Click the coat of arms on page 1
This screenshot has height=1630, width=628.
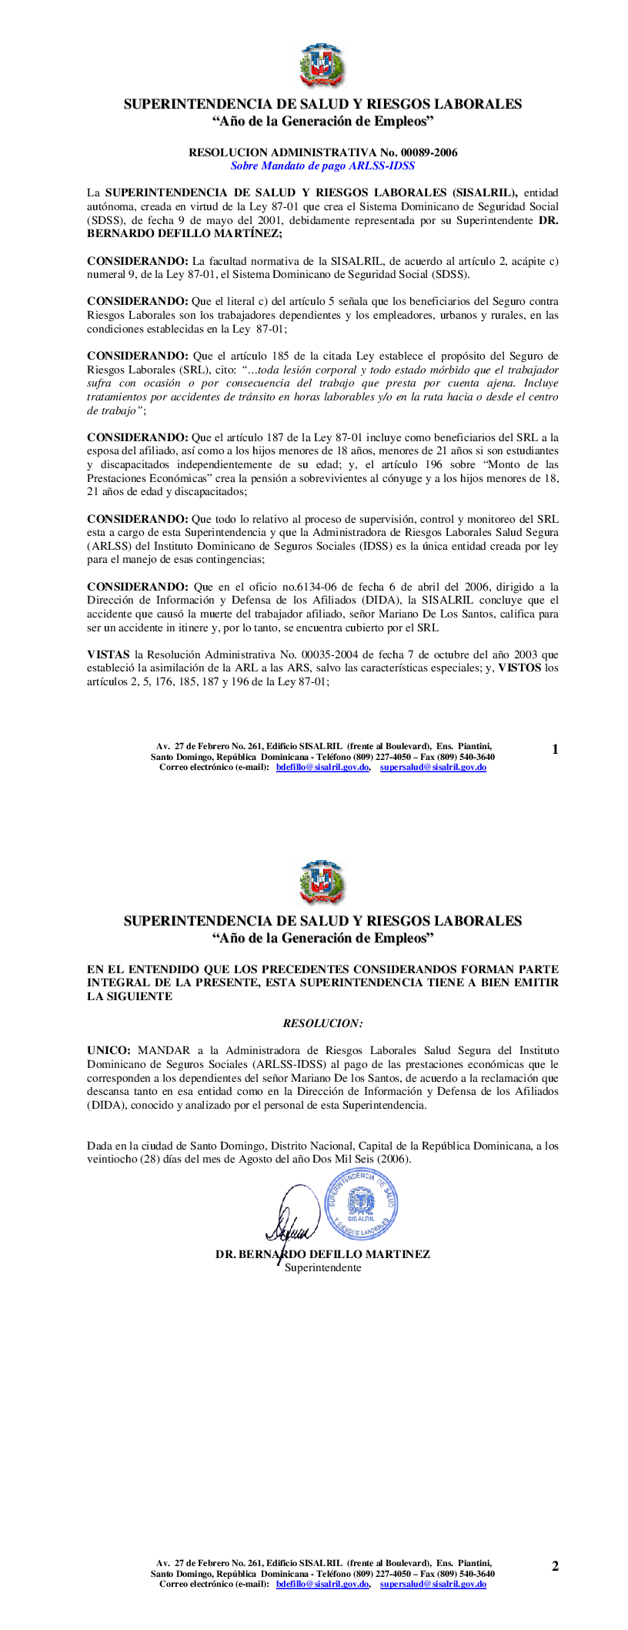322,66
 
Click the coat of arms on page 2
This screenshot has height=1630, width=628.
322,882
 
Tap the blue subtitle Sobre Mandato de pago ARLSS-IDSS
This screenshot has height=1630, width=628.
322,165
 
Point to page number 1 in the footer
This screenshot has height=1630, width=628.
555,749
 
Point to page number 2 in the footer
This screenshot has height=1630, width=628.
555,1565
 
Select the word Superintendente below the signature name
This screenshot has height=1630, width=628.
322,1267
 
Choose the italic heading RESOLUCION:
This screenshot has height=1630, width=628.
322,1023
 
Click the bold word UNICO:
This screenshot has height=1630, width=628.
109,1050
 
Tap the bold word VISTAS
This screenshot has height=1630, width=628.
108,654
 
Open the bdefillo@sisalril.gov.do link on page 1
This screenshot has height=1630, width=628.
322,767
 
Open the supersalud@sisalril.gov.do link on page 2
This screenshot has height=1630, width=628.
433,1584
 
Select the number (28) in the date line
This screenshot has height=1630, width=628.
142,1160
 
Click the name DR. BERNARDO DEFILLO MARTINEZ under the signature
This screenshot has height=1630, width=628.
322,1254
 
